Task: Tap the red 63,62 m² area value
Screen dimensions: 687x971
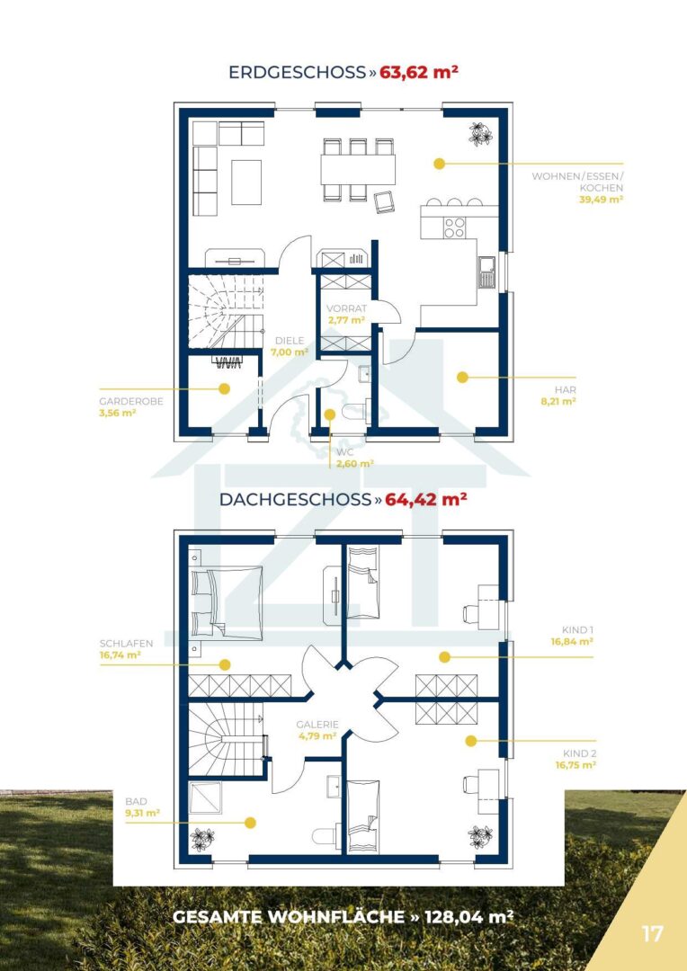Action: click(x=419, y=72)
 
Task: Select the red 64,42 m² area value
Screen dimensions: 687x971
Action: click(x=425, y=500)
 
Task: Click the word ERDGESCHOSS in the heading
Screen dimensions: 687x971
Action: click(x=298, y=73)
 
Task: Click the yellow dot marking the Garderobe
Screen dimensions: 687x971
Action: click(x=224, y=389)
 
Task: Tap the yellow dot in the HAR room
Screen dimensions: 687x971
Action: click(x=462, y=377)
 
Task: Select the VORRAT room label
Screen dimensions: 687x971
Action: click(x=347, y=308)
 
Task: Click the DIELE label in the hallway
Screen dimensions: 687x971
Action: click(x=290, y=340)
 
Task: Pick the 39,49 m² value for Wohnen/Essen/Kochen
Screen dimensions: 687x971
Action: click(x=601, y=200)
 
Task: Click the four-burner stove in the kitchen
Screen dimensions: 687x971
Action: click(x=455, y=227)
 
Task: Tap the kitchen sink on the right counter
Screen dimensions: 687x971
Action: click(x=486, y=272)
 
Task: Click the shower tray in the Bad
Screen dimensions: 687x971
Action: click(x=205, y=797)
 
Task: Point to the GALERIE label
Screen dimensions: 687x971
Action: click(x=317, y=724)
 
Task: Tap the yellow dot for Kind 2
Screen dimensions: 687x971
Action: click(x=471, y=741)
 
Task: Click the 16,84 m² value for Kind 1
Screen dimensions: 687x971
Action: click(x=573, y=642)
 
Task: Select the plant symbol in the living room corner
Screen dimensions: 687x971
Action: click(x=481, y=134)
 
